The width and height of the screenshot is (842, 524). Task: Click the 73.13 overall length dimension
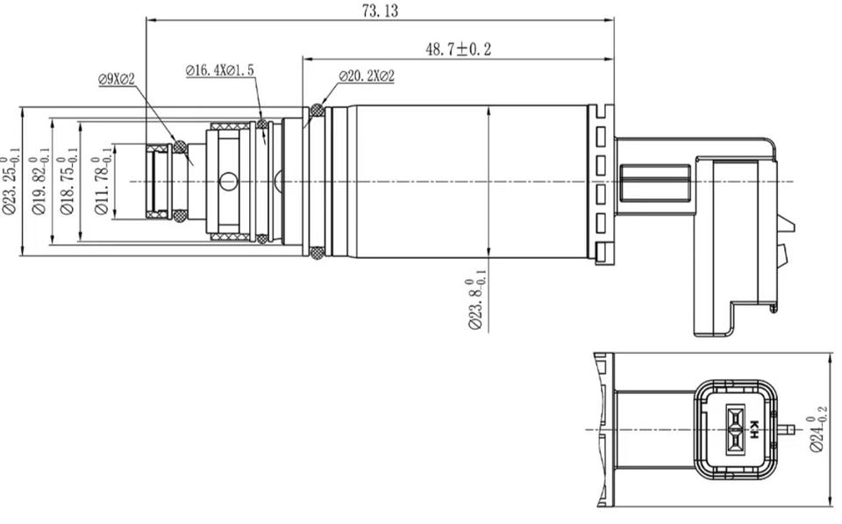(380, 11)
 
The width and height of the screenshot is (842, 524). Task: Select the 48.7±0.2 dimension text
(458, 49)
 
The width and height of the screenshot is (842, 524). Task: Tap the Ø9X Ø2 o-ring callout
(116, 80)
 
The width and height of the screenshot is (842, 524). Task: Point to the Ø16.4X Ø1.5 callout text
(219, 70)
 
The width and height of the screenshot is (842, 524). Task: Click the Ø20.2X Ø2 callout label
(367, 76)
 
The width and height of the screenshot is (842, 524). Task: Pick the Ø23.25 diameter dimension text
(11, 182)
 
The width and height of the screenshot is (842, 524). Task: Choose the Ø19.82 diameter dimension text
(40, 182)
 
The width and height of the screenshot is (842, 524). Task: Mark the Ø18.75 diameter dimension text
(68, 182)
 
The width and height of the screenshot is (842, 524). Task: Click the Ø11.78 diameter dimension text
(103, 182)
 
